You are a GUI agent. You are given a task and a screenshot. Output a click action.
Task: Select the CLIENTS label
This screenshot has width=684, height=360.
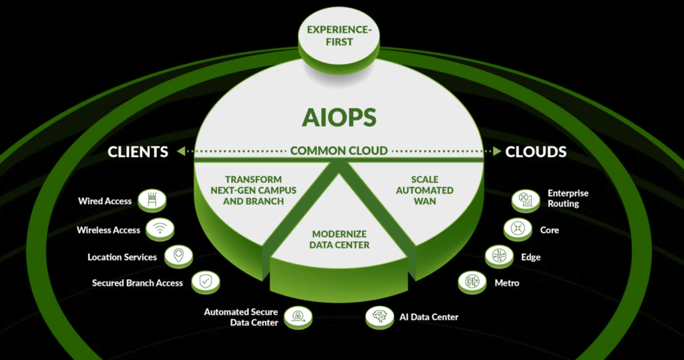(x=138, y=152)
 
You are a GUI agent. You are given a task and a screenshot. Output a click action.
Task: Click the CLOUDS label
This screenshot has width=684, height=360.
(x=536, y=152)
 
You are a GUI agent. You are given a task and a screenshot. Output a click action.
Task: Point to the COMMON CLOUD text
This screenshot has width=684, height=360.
(x=339, y=151)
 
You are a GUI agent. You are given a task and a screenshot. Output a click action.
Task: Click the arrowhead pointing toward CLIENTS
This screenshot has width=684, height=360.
(x=182, y=152)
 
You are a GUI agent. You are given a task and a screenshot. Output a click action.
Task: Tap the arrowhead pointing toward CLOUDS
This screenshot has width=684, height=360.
(x=496, y=152)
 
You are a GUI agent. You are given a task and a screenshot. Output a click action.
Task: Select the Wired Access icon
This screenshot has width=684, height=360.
(x=152, y=200)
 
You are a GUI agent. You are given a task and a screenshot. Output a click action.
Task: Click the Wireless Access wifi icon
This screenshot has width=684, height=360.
(x=160, y=229)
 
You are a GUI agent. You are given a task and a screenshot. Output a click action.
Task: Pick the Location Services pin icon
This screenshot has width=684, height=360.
(x=178, y=256)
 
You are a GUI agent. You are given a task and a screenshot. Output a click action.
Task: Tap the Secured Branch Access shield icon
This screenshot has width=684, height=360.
(x=204, y=282)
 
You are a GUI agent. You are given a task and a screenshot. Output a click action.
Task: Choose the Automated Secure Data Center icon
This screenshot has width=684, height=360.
(x=298, y=317)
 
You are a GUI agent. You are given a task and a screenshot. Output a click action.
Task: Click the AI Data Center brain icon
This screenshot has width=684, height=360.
(x=379, y=317)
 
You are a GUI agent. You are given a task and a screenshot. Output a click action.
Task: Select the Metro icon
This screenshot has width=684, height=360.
(x=472, y=282)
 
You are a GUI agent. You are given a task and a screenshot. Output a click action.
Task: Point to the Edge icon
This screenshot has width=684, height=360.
(x=500, y=256)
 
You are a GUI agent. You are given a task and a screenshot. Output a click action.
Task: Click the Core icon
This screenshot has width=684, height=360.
(x=518, y=229)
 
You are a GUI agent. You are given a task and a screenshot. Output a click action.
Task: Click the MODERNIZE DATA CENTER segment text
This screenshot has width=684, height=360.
(x=341, y=240)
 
